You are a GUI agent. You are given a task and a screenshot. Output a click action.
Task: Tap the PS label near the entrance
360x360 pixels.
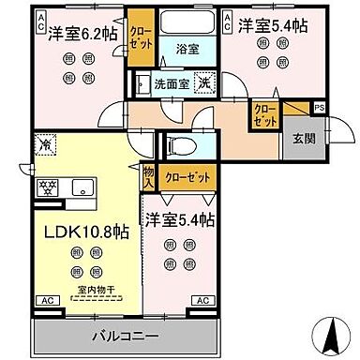pos(321,109)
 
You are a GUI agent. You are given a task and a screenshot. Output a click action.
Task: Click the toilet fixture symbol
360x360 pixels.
pos(178,146)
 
